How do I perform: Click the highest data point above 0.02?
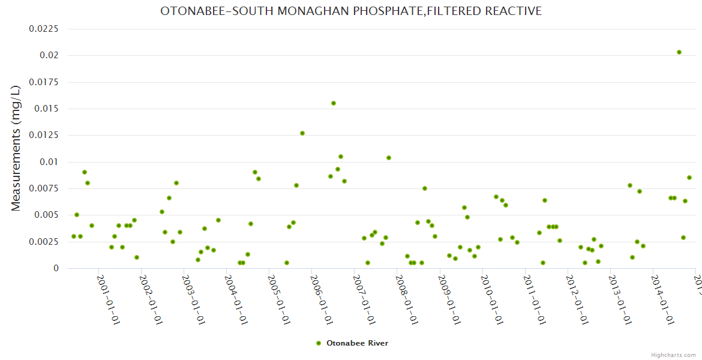tap(679, 52)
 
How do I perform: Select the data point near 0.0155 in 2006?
tap(334, 103)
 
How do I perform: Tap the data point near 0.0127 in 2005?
tap(302, 133)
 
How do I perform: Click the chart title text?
tap(351, 11)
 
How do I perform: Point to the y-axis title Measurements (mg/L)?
tap(16, 148)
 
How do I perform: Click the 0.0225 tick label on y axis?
tap(44, 29)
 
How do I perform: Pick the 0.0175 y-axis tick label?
tap(44, 82)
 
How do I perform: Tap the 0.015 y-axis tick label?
tap(47, 109)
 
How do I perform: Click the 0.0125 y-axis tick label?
tap(44, 135)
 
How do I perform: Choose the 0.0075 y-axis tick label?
tap(44, 188)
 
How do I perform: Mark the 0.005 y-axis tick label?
tap(47, 215)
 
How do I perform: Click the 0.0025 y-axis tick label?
tap(44, 242)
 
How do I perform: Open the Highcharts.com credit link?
tap(674, 355)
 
